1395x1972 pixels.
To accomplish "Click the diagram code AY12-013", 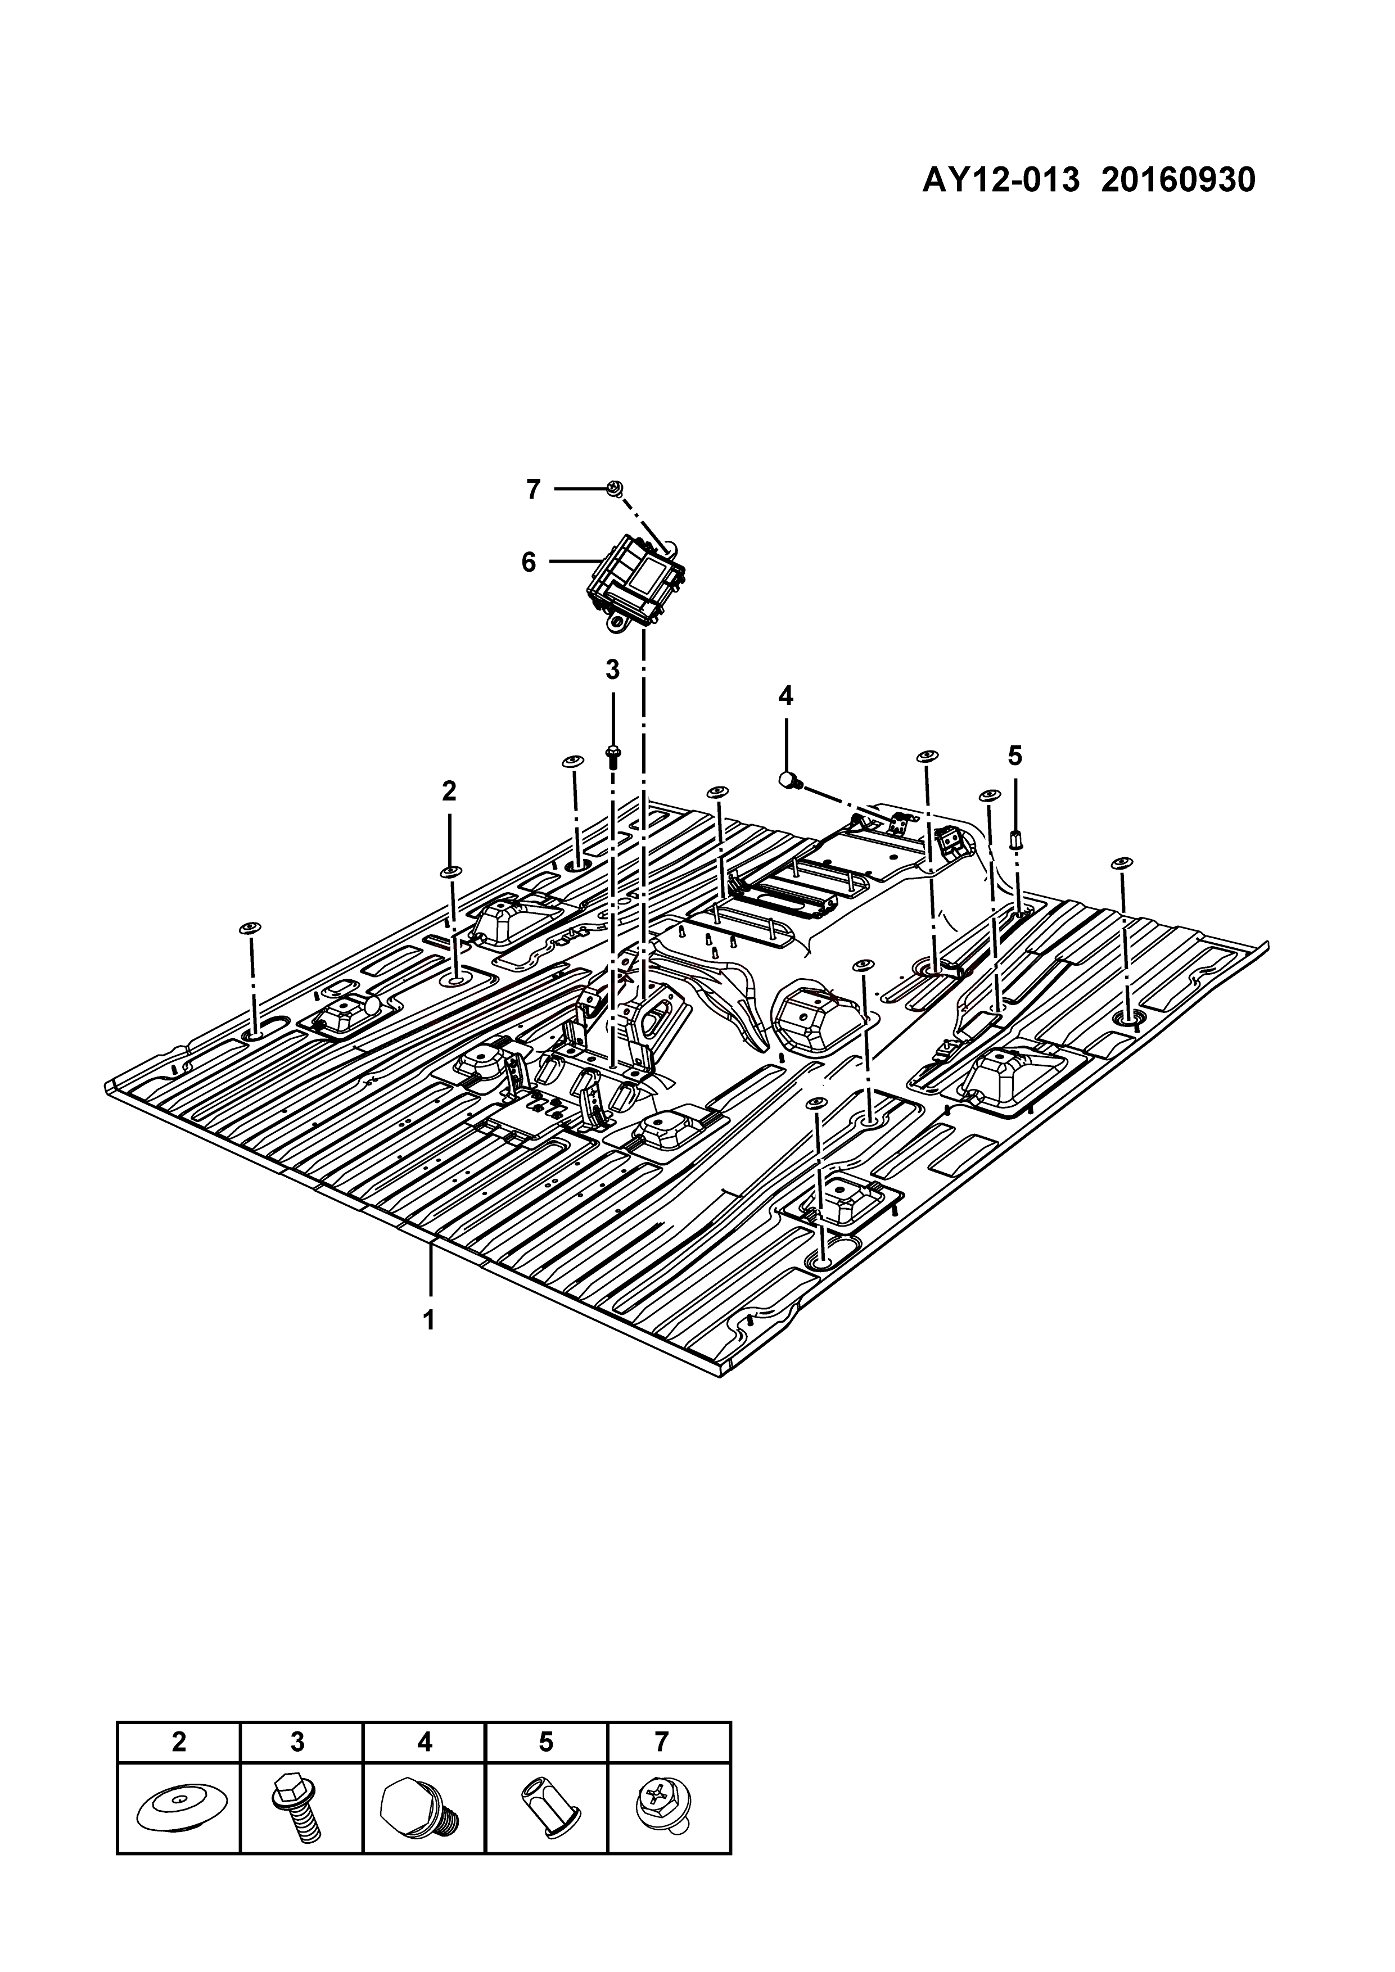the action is tap(1001, 180).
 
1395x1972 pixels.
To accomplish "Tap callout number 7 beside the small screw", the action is tap(534, 490).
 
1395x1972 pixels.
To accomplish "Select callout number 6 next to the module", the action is tap(529, 563).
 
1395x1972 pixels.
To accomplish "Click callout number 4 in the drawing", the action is tap(786, 696).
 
